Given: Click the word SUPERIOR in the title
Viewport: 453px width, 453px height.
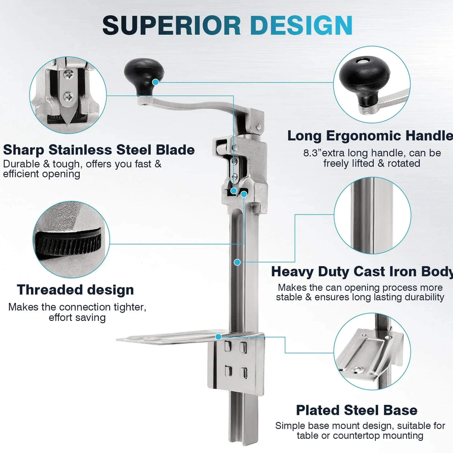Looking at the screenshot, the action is tap(171, 25).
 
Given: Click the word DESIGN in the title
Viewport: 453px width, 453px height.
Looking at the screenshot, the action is tap(301, 25).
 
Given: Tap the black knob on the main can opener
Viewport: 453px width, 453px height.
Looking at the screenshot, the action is tap(144, 76).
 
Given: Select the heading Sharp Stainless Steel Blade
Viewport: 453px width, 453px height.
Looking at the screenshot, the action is tap(99, 150).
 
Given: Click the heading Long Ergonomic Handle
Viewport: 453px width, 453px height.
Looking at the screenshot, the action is tap(370, 136).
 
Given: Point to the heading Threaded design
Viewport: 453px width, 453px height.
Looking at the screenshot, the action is tap(75, 290).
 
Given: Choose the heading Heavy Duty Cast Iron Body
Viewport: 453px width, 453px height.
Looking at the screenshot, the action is tap(362, 272).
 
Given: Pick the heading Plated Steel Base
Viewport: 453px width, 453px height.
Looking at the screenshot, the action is tap(357, 410).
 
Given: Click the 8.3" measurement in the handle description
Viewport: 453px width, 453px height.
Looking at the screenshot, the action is tap(312, 153).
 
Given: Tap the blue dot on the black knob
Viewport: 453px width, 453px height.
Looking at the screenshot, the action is tap(155, 82).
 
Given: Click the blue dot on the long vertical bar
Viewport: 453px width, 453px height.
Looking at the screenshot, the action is tap(237, 262).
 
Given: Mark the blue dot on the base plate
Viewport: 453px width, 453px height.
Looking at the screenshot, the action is tap(219, 337).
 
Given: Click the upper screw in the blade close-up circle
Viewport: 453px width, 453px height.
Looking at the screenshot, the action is tap(70, 75).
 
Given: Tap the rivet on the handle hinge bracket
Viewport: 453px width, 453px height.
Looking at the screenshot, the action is tap(258, 126).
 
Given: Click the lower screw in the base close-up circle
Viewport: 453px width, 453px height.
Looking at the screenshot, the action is tap(358, 369).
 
